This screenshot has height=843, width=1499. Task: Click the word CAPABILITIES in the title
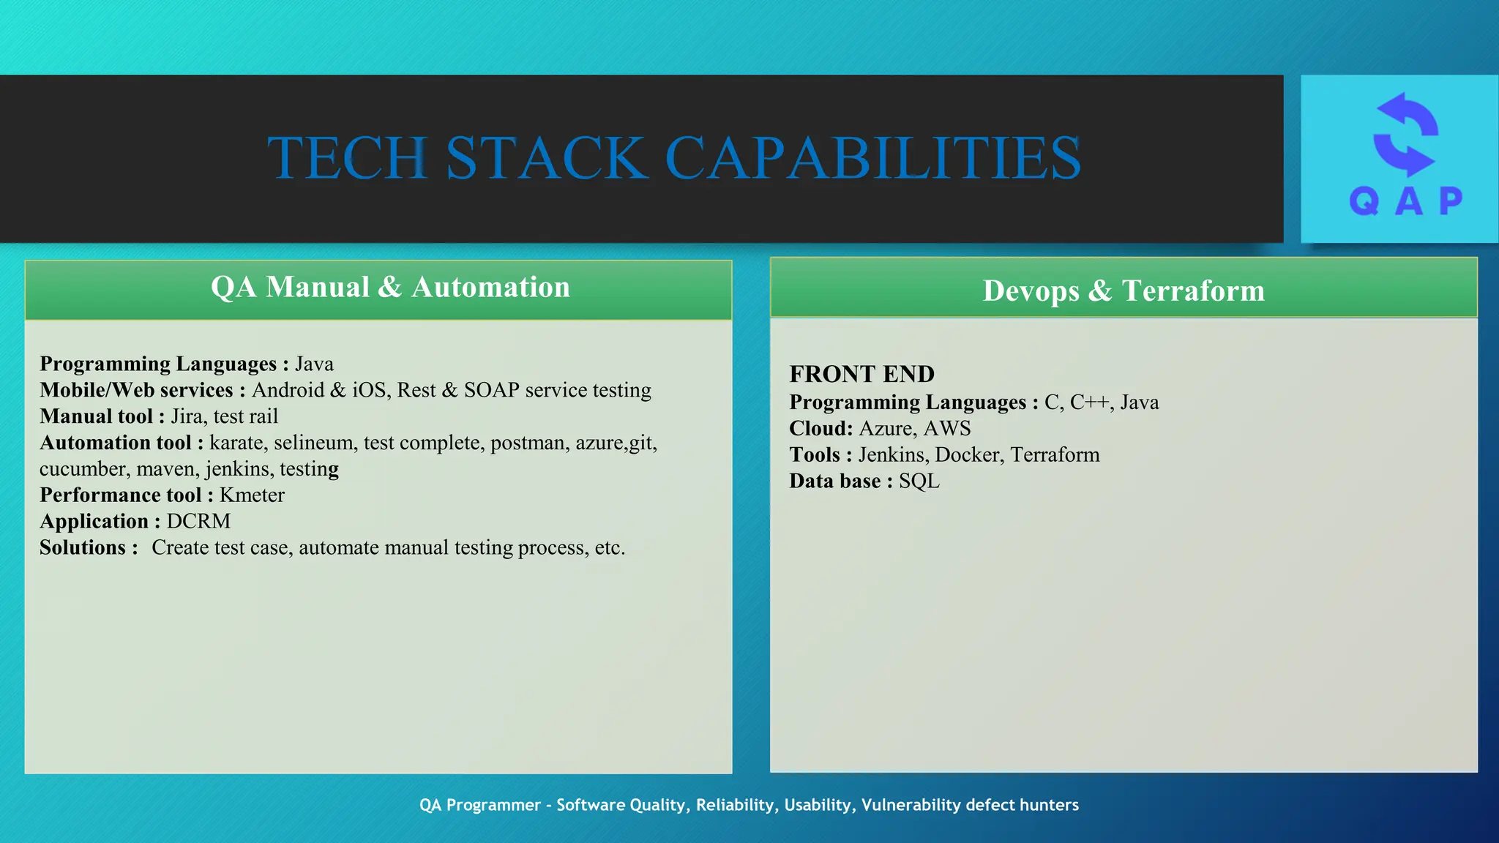(x=872, y=158)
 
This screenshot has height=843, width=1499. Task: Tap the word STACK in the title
(x=547, y=158)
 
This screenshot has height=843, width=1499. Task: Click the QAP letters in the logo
(x=1405, y=201)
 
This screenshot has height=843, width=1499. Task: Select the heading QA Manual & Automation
(x=390, y=287)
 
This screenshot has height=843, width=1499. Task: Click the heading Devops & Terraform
(x=1124, y=291)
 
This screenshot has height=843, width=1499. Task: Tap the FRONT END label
(x=861, y=374)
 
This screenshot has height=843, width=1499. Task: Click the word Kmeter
(x=252, y=495)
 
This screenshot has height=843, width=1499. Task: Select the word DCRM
(x=198, y=521)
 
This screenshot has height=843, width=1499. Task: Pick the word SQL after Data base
(x=919, y=482)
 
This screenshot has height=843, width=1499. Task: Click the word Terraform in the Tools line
(x=1055, y=455)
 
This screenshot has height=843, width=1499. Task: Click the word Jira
(x=187, y=416)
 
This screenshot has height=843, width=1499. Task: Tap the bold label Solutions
(x=83, y=547)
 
